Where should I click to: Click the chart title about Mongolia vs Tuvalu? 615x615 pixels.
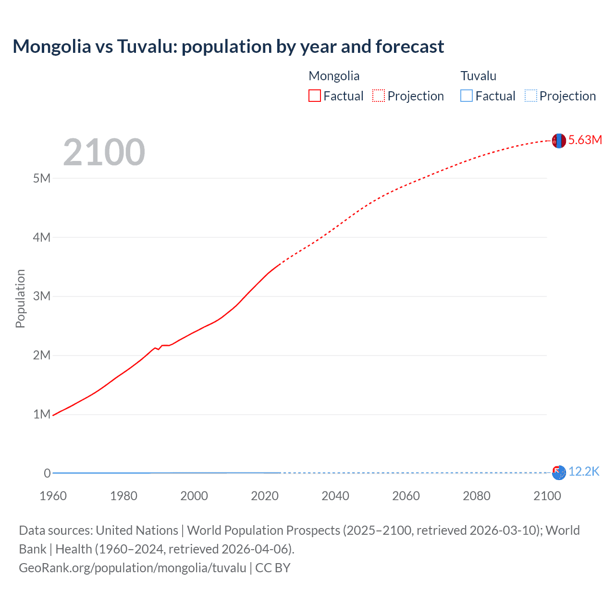[x=228, y=47]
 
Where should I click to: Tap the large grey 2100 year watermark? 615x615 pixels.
[x=104, y=152]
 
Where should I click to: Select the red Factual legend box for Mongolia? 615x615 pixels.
[x=315, y=96]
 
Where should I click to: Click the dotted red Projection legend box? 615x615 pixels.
[x=379, y=96]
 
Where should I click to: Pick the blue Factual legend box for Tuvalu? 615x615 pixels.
[x=467, y=96]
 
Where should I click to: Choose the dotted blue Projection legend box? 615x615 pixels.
[x=531, y=96]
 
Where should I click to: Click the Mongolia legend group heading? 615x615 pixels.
[x=334, y=76]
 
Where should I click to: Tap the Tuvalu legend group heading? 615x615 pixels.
[x=479, y=76]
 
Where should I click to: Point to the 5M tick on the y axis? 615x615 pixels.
[x=42, y=178]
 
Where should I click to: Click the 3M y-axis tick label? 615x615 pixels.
[x=42, y=296]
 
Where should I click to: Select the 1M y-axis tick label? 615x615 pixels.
[x=42, y=414]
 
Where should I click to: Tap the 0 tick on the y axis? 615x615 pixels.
[x=47, y=473]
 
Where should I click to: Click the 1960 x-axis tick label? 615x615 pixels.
[x=53, y=496]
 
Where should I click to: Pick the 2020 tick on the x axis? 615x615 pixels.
[x=265, y=496]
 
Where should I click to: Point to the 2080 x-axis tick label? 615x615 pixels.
[x=477, y=496]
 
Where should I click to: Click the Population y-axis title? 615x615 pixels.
[x=20, y=298]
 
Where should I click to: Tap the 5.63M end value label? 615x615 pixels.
[x=585, y=140]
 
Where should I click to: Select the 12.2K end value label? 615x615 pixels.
[x=584, y=471]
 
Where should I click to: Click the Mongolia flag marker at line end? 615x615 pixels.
[x=559, y=141]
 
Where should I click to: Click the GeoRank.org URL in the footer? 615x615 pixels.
[x=133, y=567]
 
